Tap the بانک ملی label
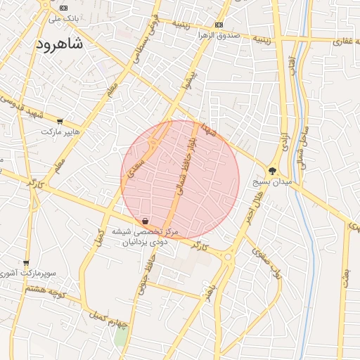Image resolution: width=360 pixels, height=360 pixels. [x=64, y=18]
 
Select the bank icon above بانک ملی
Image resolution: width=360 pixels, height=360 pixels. [x=64, y=7]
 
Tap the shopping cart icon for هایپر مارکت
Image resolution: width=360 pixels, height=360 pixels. [x=60, y=121]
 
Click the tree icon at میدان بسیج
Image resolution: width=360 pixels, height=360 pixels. [x=273, y=171]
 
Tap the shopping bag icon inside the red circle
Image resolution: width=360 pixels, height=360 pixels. [x=145, y=221]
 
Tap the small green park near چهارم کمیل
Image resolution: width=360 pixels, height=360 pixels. [x=121, y=336]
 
